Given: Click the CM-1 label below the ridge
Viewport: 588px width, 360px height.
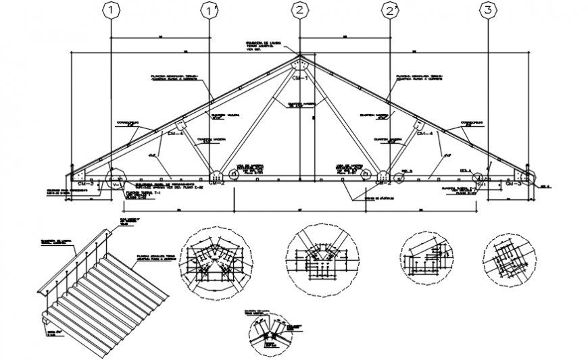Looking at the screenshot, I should coord(301,78).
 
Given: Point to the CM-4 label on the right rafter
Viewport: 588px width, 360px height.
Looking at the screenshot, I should coord(424,134).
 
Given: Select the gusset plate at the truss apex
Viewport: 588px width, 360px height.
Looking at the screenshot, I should coord(300,65).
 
